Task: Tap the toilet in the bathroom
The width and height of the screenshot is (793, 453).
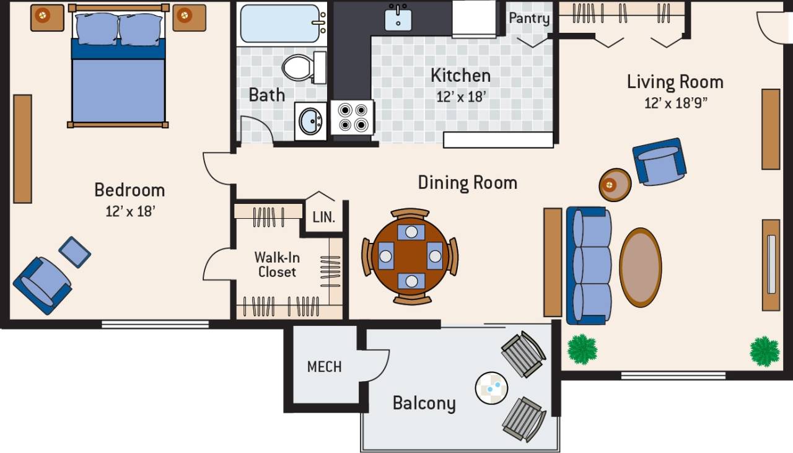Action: (x=300, y=67)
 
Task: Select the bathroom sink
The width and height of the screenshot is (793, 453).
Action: (x=310, y=121)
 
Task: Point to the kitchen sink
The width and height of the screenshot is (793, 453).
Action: (x=397, y=19)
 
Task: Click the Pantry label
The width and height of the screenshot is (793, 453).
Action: (x=529, y=18)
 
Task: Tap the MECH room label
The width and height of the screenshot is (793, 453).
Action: (x=324, y=367)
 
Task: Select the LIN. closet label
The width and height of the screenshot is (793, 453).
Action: (x=323, y=218)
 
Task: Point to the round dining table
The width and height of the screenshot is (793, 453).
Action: (x=410, y=256)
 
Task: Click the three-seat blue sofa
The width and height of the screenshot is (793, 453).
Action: (x=589, y=266)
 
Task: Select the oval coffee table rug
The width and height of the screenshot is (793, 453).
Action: (x=641, y=267)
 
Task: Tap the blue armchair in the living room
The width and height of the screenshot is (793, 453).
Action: (x=660, y=161)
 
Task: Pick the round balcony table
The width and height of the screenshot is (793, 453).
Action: (x=492, y=389)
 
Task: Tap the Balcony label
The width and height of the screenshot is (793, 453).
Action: (x=424, y=403)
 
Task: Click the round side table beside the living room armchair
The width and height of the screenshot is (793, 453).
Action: (x=615, y=184)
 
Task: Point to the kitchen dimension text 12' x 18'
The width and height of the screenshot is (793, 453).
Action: (x=461, y=97)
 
